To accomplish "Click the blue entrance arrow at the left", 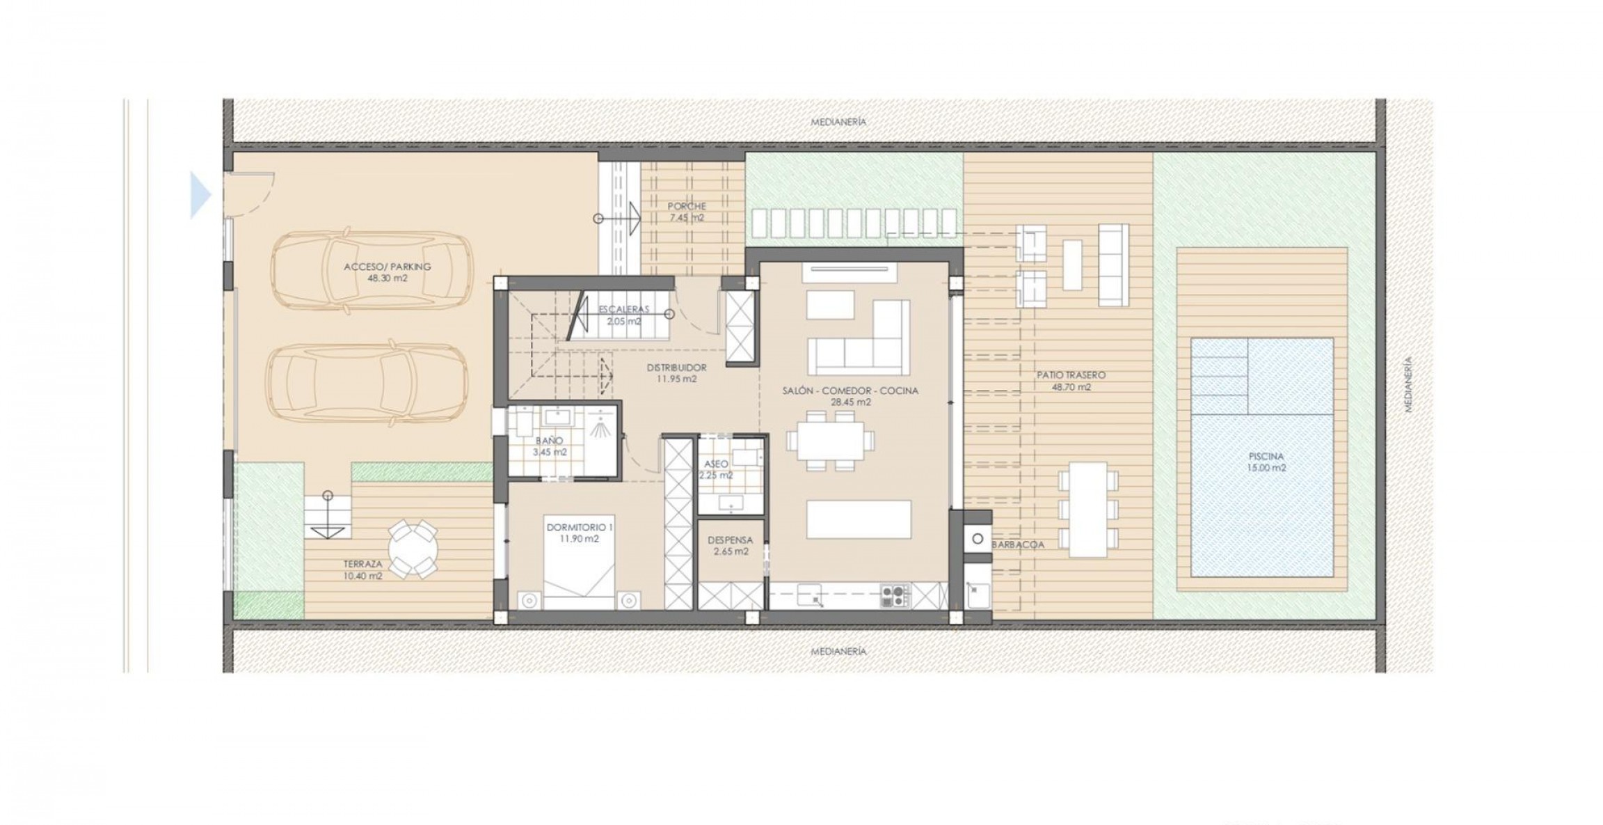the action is point(200,196).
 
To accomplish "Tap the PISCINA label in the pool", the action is point(1266,457).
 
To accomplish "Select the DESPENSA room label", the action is point(731,540).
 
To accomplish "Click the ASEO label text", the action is point(716,464).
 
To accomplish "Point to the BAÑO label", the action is point(549,441).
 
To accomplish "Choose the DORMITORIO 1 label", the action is point(580,527).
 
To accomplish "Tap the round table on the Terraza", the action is point(413,549).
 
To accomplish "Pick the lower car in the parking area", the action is point(367,385).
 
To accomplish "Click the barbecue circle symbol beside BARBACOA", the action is point(978,539).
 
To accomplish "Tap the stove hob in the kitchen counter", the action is point(895,595).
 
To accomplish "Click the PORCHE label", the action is point(687,206).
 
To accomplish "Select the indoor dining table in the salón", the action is point(831,441).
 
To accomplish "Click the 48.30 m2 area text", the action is point(388,278).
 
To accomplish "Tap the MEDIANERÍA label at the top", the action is point(838,122).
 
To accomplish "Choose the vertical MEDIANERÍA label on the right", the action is point(1408,385).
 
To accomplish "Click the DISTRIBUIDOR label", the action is point(676,368).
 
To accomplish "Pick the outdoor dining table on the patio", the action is point(1088,510).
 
